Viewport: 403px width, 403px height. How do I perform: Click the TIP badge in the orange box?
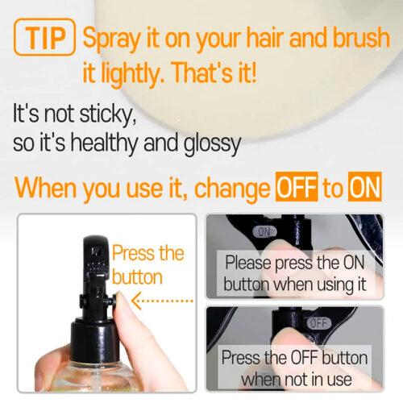point(44,37)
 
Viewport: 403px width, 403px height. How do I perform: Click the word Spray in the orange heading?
point(111,39)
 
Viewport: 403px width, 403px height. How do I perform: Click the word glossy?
point(212,143)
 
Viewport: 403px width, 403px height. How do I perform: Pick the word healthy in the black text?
point(104,143)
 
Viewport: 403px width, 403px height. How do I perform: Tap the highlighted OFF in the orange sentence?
point(297,187)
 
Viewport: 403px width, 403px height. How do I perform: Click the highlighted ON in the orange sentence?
point(364,187)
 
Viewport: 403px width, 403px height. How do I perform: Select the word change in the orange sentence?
point(232,189)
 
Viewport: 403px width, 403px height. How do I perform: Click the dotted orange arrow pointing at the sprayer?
point(162,301)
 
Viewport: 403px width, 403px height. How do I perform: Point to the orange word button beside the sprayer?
point(137,277)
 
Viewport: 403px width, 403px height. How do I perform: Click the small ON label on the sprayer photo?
point(264,231)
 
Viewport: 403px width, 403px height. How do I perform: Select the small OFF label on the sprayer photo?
point(319,323)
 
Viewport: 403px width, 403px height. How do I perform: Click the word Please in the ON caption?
point(248,263)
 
